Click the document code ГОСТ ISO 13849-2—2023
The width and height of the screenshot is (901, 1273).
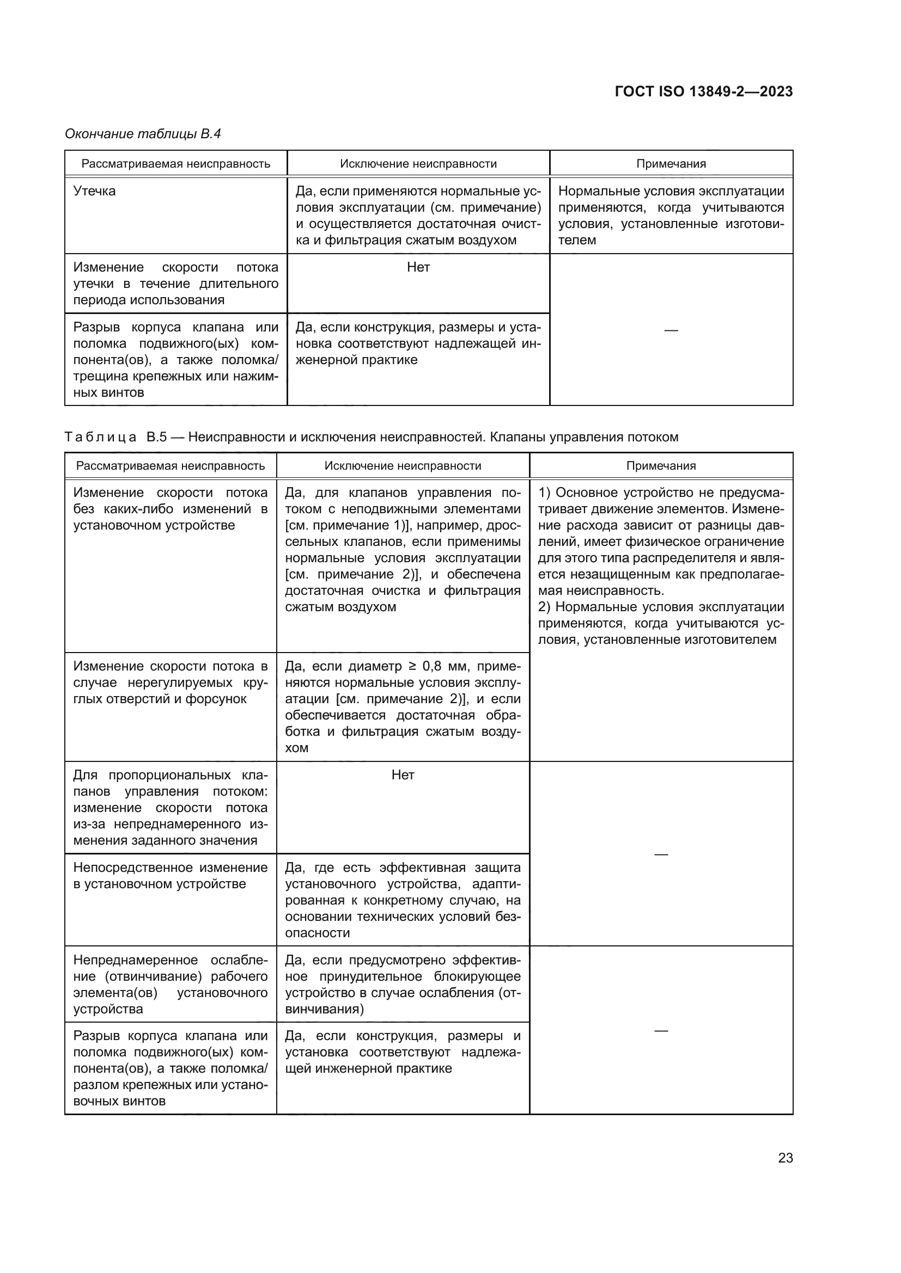pyautogui.click(x=703, y=91)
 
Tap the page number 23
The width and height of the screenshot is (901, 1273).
pyautogui.click(x=785, y=1158)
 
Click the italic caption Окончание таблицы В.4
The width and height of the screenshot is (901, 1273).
pyautogui.click(x=143, y=134)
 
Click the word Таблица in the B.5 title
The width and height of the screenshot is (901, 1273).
pyautogui.click(x=100, y=437)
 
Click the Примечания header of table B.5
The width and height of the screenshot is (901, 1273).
pyautogui.click(x=661, y=466)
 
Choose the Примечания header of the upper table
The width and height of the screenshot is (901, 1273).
pyautogui.click(x=671, y=164)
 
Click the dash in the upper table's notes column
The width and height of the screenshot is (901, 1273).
pyautogui.click(x=671, y=330)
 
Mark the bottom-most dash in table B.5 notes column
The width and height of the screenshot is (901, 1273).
pyautogui.click(x=661, y=1031)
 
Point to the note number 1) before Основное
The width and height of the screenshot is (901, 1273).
pyautogui.click(x=544, y=493)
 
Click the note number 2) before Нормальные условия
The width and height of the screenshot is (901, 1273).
pyautogui.click(x=544, y=607)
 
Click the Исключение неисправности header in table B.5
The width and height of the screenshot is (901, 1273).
pyautogui.click(x=403, y=466)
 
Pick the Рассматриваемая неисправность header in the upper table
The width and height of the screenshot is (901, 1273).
pyautogui.click(x=176, y=164)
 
